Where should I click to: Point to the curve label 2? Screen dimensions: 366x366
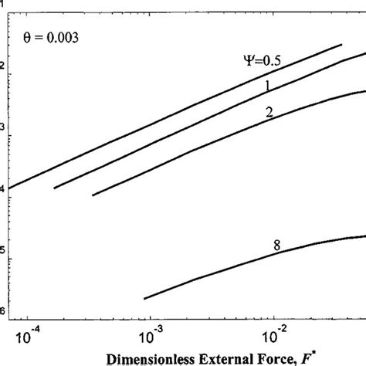268,113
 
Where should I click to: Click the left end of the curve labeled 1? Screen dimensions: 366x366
54,188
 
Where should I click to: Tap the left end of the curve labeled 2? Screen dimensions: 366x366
93,195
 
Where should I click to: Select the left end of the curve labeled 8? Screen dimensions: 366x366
144,298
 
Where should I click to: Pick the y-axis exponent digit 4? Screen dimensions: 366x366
3,189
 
